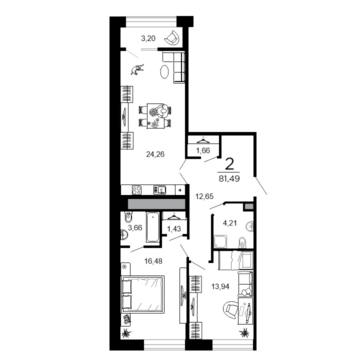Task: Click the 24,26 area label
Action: tap(155, 154)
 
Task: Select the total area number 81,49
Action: tap(229, 178)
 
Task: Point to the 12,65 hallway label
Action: tap(204, 196)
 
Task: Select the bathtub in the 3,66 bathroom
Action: tap(153, 227)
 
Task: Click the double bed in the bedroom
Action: tap(143, 294)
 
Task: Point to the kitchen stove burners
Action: tap(137, 190)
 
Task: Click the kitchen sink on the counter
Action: tap(160, 190)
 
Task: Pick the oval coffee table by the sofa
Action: tap(164, 73)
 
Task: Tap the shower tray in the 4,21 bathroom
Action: tap(221, 242)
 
